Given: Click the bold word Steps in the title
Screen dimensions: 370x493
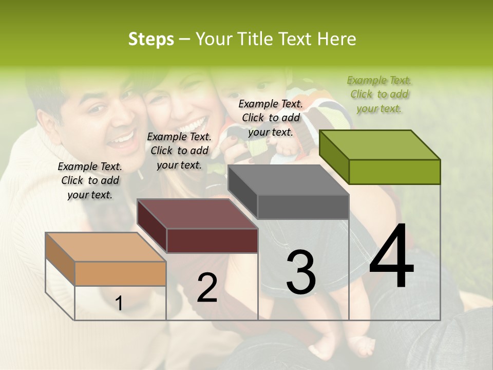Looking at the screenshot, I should click(151, 39).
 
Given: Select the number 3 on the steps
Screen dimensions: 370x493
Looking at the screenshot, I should click(300, 272).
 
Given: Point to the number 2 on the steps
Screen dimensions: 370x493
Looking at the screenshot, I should click(207, 288).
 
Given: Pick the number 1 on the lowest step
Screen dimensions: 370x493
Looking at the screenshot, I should click(119, 303).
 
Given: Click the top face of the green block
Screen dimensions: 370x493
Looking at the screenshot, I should click(379, 144).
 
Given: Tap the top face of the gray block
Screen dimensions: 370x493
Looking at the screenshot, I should click(288, 180).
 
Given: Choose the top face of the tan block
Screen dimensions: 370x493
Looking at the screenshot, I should click(105, 247).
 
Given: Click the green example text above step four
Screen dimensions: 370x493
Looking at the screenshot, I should click(379, 94).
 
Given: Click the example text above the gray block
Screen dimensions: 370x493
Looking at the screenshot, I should click(271, 118).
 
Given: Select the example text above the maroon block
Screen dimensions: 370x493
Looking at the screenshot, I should click(179, 151).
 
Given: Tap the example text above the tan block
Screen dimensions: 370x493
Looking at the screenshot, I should click(90, 180).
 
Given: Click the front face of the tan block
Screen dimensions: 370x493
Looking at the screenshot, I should click(120, 273).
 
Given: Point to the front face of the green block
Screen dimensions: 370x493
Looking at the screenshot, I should click(394, 172).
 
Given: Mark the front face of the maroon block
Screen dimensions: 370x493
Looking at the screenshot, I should click(212, 240).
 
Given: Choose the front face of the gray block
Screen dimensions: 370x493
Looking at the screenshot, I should click(303, 207).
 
